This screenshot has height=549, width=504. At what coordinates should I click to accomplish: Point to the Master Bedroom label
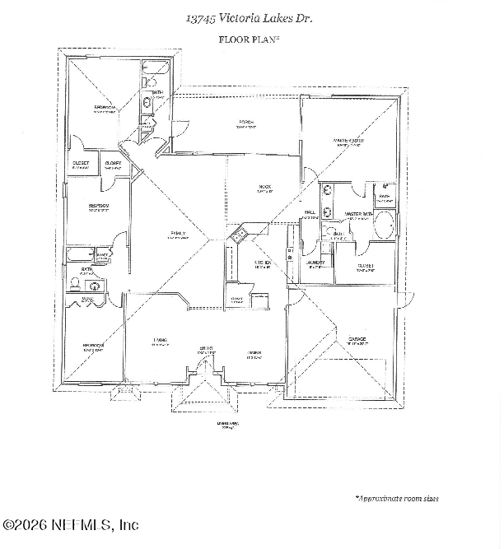[348, 141]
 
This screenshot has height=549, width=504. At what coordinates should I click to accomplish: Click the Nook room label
[264, 188]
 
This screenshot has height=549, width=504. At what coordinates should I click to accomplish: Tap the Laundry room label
[316, 263]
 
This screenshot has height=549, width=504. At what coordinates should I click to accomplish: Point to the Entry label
[206, 349]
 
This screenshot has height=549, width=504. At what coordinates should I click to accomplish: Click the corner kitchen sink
[237, 237]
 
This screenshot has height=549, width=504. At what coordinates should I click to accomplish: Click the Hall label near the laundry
[310, 212]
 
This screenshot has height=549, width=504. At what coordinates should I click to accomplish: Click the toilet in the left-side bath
[75, 284]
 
